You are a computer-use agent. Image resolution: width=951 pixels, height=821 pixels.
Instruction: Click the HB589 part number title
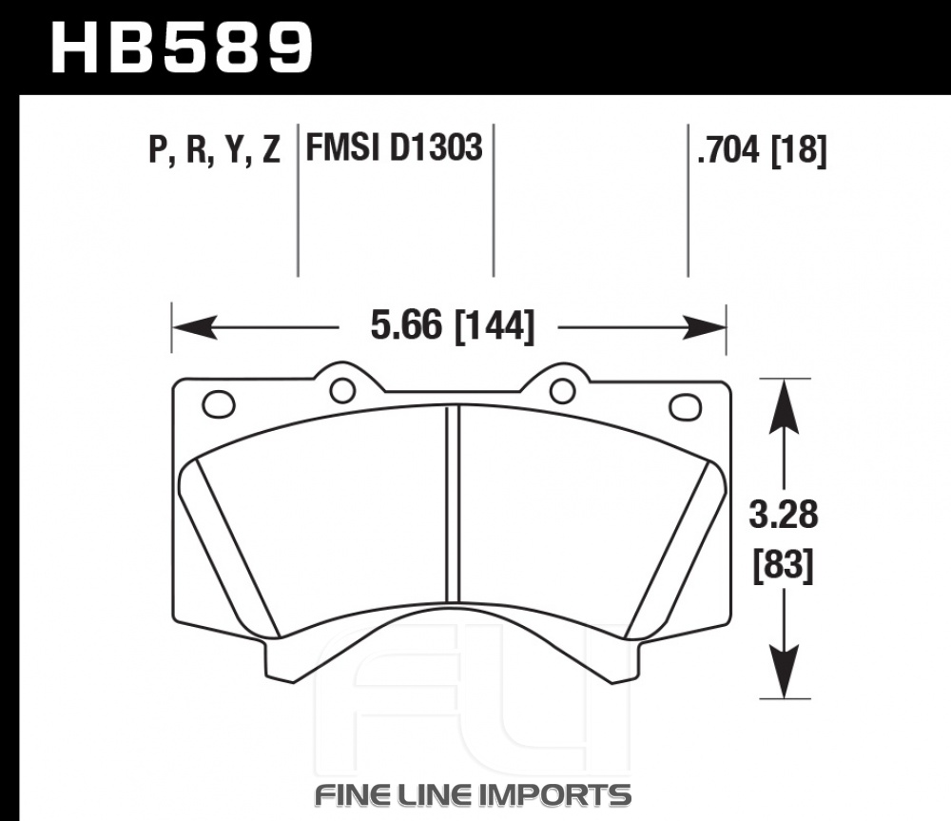(x=182, y=49)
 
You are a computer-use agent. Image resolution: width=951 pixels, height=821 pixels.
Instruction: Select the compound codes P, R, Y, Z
(x=215, y=149)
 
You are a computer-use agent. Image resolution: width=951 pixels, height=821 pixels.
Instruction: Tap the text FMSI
(x=343, y=147)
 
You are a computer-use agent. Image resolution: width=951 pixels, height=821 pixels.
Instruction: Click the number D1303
(x=436, y=147)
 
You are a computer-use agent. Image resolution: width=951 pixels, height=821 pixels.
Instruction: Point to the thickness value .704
(x=728, y=149)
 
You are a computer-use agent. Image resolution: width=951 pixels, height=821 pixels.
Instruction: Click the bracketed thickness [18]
(x=799, y=150)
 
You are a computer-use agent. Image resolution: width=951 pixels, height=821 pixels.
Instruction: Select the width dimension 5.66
(x=406, y=326)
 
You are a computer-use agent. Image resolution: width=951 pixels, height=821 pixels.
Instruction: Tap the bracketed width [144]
(x=495, y=327)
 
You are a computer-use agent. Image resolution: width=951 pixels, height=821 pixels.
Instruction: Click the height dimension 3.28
(x=784, y=515)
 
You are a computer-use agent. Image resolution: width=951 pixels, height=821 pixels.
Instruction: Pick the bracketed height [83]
(x=783, y=566)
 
